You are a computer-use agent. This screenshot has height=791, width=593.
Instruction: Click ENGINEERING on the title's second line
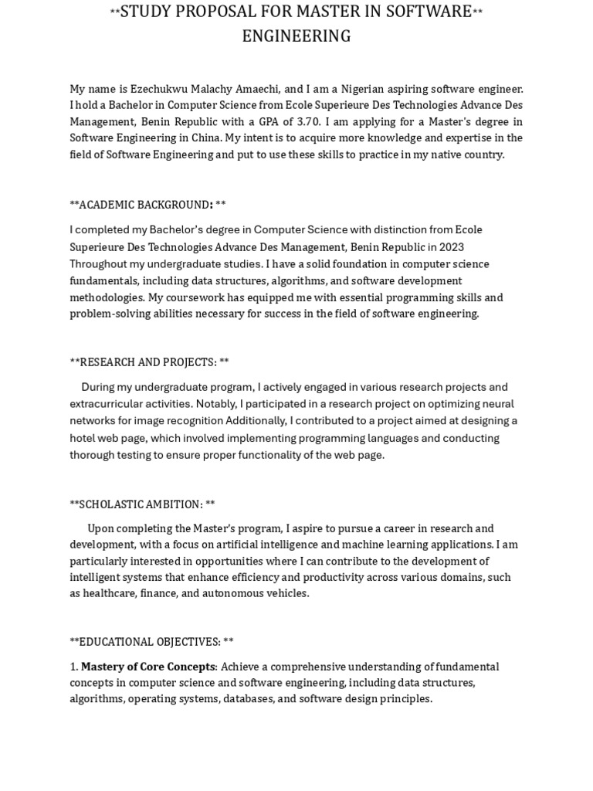[296, 36]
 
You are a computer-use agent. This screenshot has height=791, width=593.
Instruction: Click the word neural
[498, 404]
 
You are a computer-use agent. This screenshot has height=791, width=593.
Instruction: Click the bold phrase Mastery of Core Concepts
[148, 667]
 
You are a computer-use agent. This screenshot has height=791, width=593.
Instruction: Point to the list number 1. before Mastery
[74, 667]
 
